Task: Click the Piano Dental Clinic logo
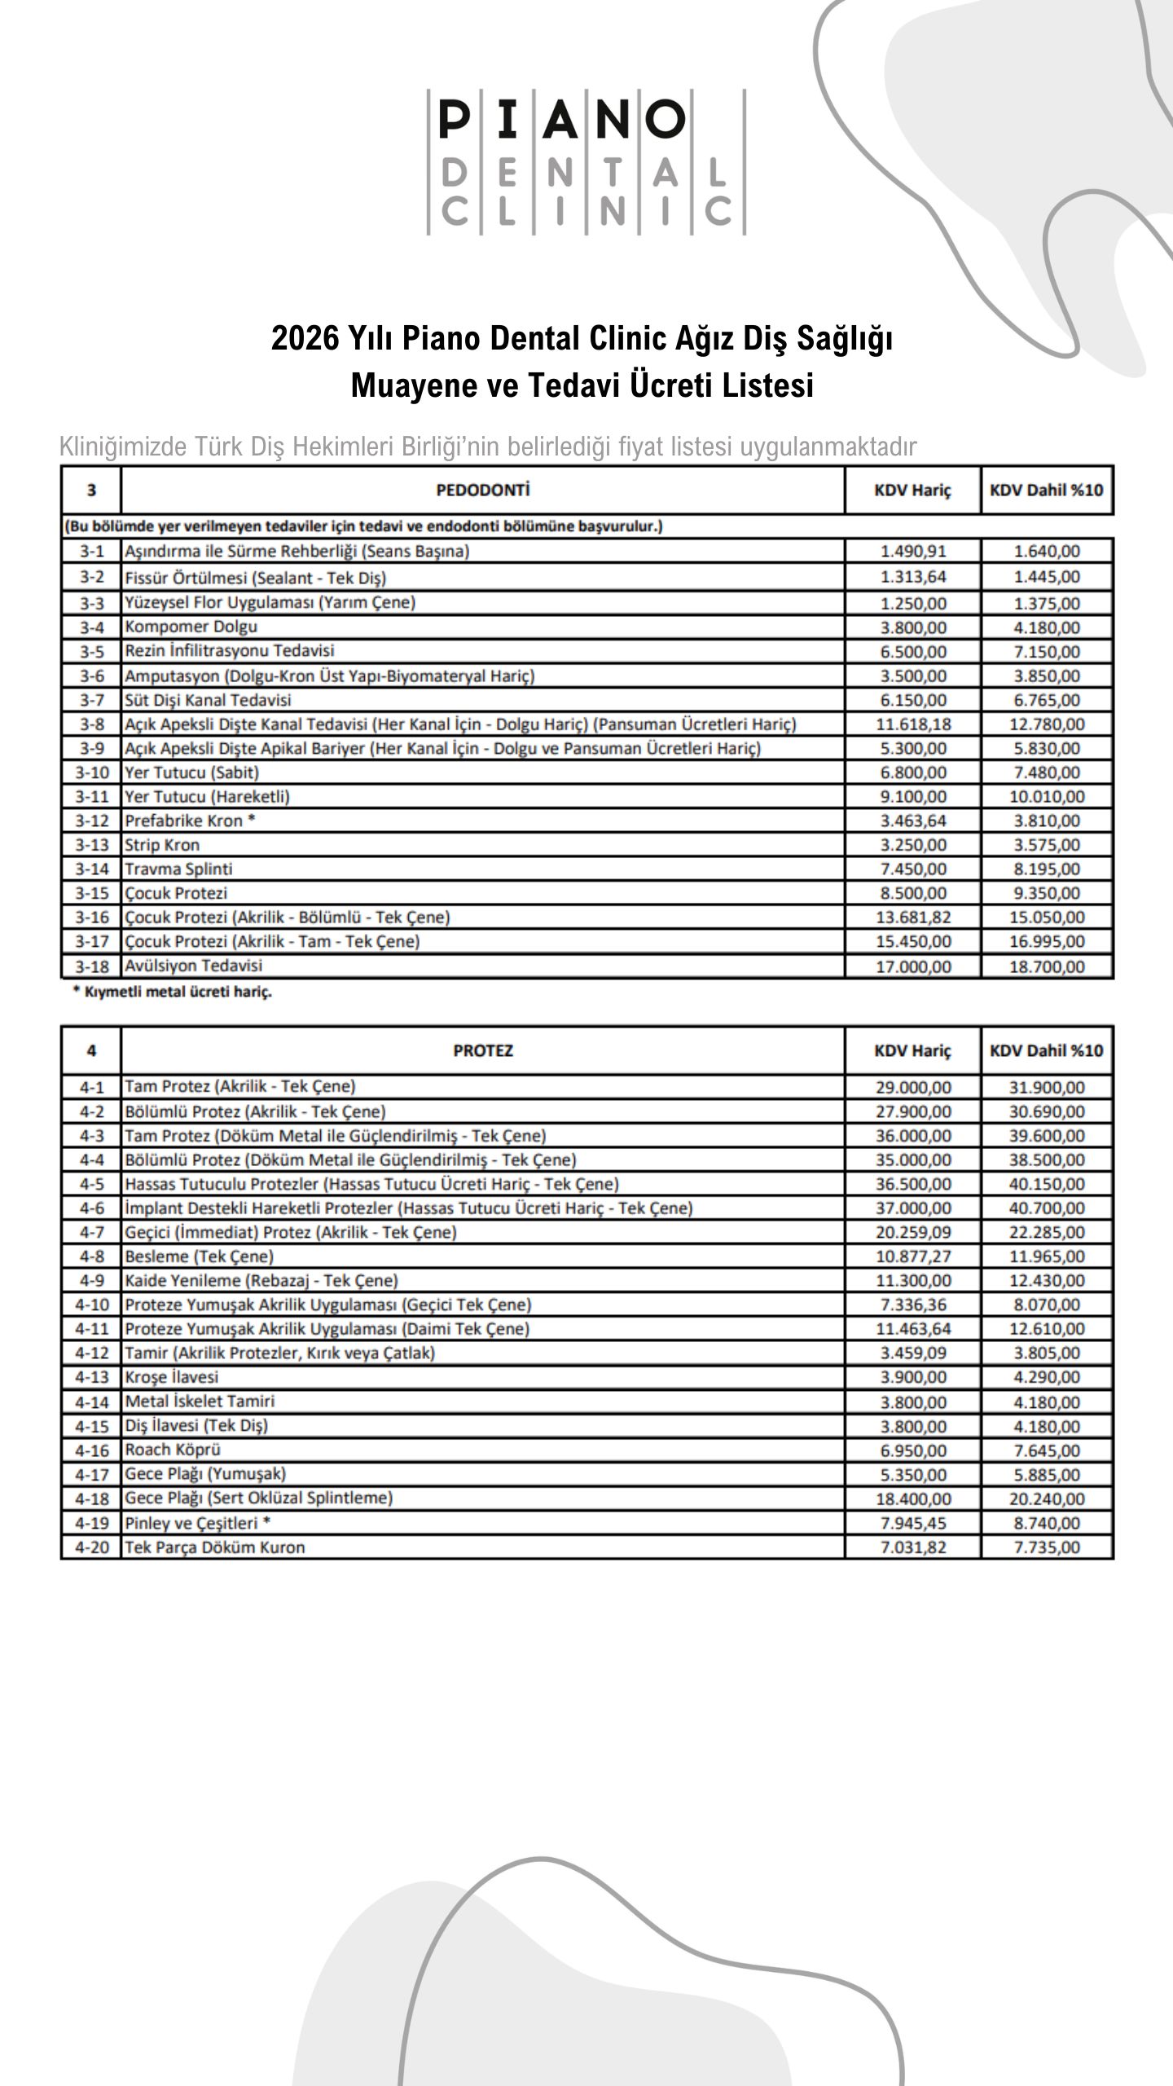coord(586,162)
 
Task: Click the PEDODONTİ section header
coord(482,491)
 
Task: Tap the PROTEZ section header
coord(482,1050)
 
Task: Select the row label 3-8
coord(91,724)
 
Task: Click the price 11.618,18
coord(913,724)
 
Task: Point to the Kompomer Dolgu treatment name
coord(191,627)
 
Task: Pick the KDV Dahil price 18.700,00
coord(1047,966)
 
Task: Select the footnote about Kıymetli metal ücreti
coord(172,992)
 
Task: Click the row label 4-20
coord(91,1547)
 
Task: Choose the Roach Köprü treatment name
coord(172,1450)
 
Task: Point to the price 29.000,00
coord(913,1087)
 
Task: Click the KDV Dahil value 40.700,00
coord(1047,1208)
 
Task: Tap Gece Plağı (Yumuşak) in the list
coord(204,1473)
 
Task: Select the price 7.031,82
coord(913,1547)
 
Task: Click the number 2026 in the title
coord(305,338)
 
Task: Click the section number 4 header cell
coord(91,1050)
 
